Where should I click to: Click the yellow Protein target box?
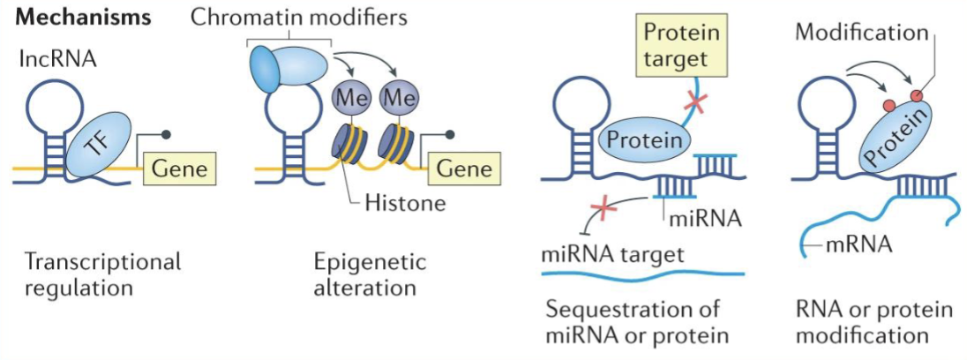pyautogui.click(x=680, y=46)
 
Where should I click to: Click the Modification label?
pyautogui.click(x=861, y=33)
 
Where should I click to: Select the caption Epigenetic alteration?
pyautogui.click(x=370, y=274)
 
